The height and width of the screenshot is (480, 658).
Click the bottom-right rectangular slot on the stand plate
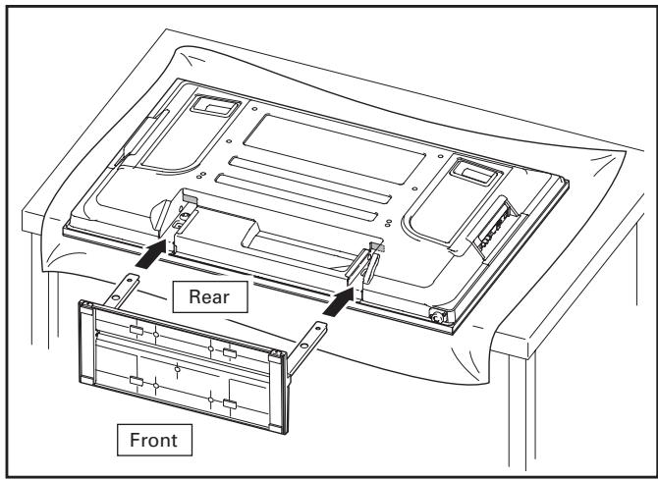click(x=228, y=403)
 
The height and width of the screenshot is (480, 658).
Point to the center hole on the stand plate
click(x=176, y=368)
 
